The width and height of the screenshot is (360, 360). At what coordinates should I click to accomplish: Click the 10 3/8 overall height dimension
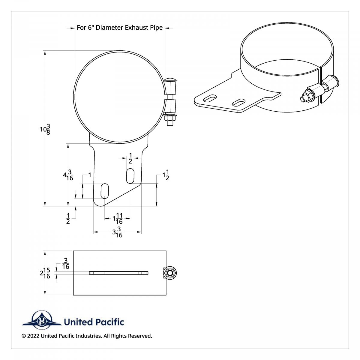[45, 129]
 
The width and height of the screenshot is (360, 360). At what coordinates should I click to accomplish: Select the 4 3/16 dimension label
[68, 175]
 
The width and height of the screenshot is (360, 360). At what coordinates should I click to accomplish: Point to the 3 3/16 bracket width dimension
[117, 232]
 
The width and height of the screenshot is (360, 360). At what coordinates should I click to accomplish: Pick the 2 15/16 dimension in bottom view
[45, 273]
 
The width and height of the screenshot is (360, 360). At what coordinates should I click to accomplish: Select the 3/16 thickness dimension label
[66, 264]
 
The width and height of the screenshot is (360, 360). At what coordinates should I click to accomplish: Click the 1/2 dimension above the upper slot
[130, 158]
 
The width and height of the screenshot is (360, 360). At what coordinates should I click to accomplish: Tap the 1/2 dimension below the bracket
[68, 219]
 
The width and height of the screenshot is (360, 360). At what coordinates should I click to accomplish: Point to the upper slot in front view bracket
[130, 176]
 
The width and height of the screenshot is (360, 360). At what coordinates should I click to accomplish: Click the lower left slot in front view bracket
[104, 191]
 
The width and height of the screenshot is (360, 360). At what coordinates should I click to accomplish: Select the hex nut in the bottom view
[170, 273]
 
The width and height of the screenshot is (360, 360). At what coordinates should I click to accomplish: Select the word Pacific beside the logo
[109, 322]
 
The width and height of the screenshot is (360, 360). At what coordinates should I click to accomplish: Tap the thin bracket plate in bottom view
[118, 273]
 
